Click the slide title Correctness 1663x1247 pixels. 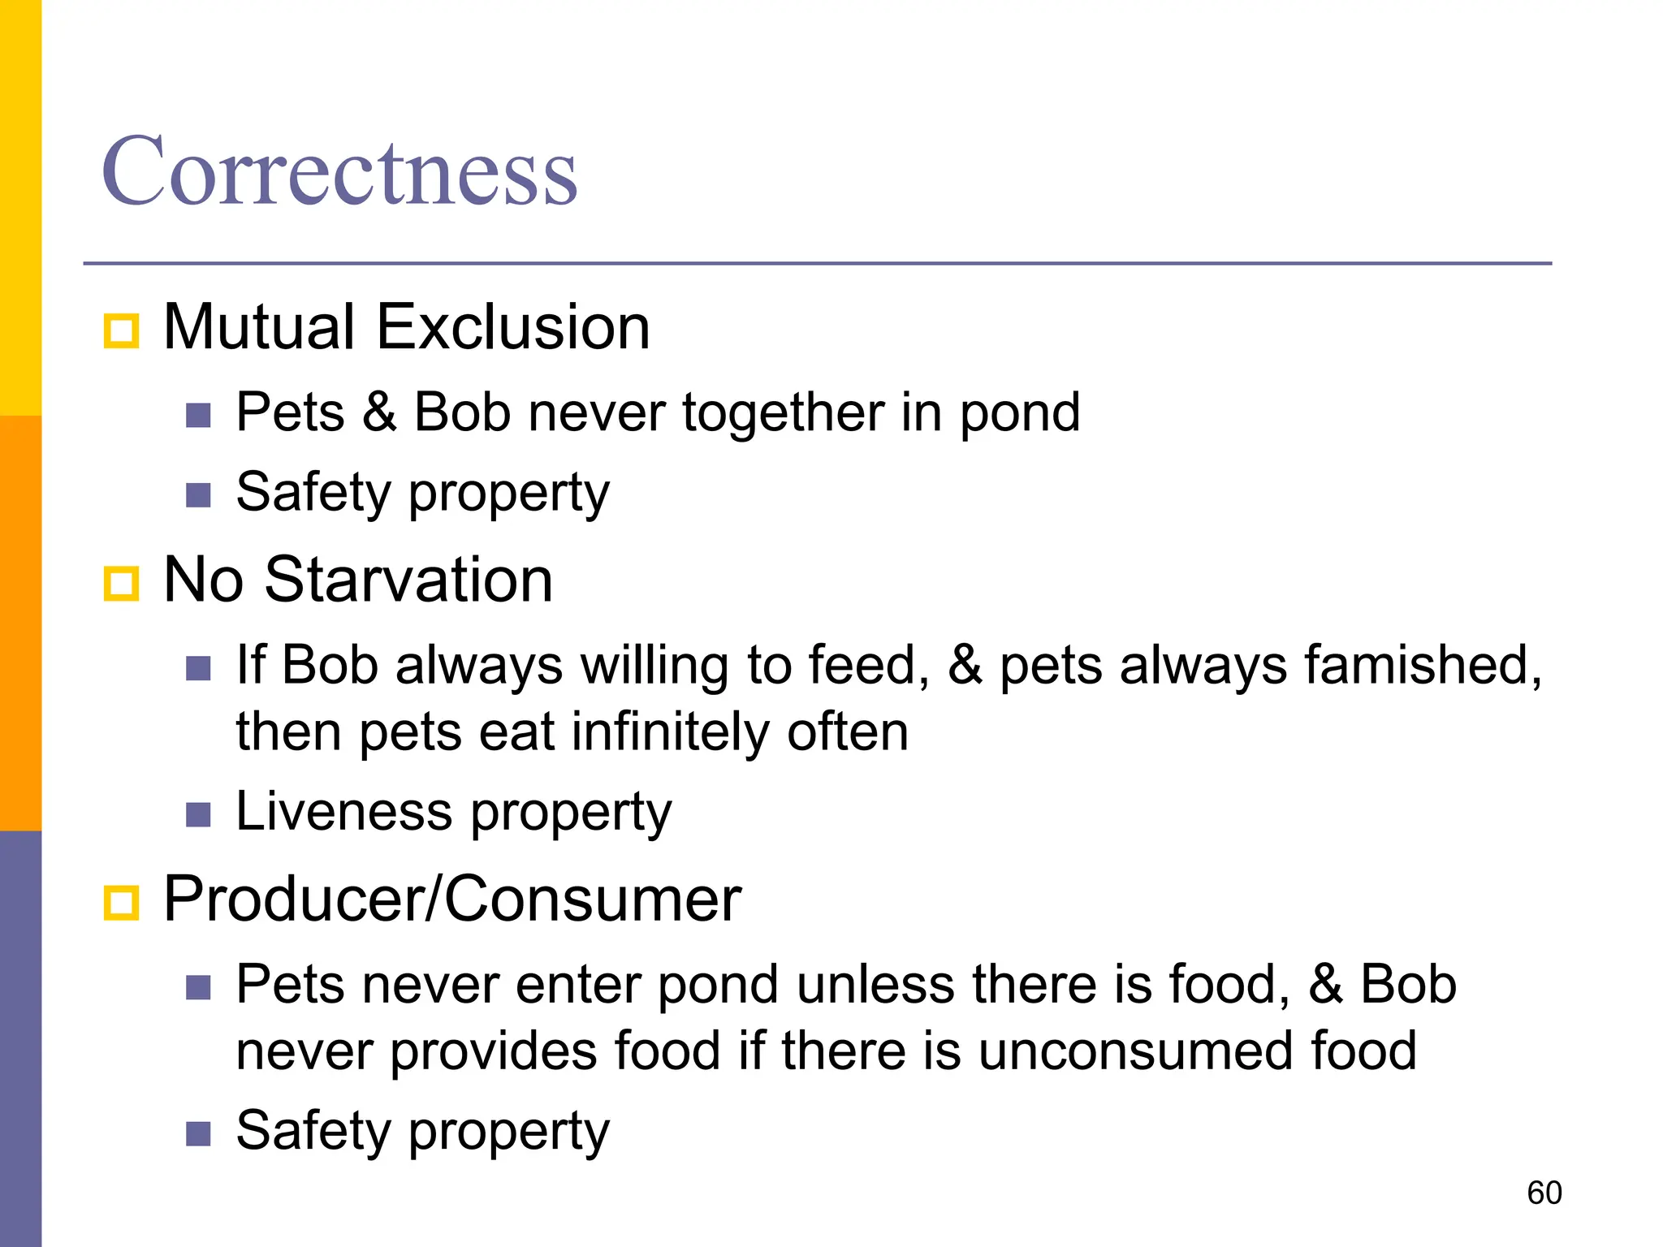(x=339, y=172)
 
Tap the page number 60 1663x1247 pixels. (x=1544, y=1193)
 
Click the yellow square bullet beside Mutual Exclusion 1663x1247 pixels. (x=122, y=331)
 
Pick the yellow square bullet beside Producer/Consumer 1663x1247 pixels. (x=122, y=903)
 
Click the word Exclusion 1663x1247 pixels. (x=513, y=326)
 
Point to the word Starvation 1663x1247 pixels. (x=408, y=580)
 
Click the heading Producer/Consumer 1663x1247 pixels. (x=452, y=900)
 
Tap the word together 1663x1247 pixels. (x=783, y=413)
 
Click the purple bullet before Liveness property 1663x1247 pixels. (x=198, y=814)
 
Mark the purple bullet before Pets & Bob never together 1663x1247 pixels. (x=198, y=416)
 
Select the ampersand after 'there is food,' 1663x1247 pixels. (x=1325, y=985)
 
